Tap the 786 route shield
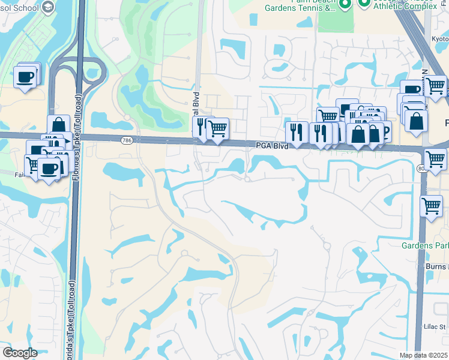(x=125, y=140)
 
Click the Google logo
(x=20, y=353)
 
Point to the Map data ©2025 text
(x=424, y=355)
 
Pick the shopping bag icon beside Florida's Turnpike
(x=59, y=125)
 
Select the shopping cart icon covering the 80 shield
(x=435, y=159)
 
